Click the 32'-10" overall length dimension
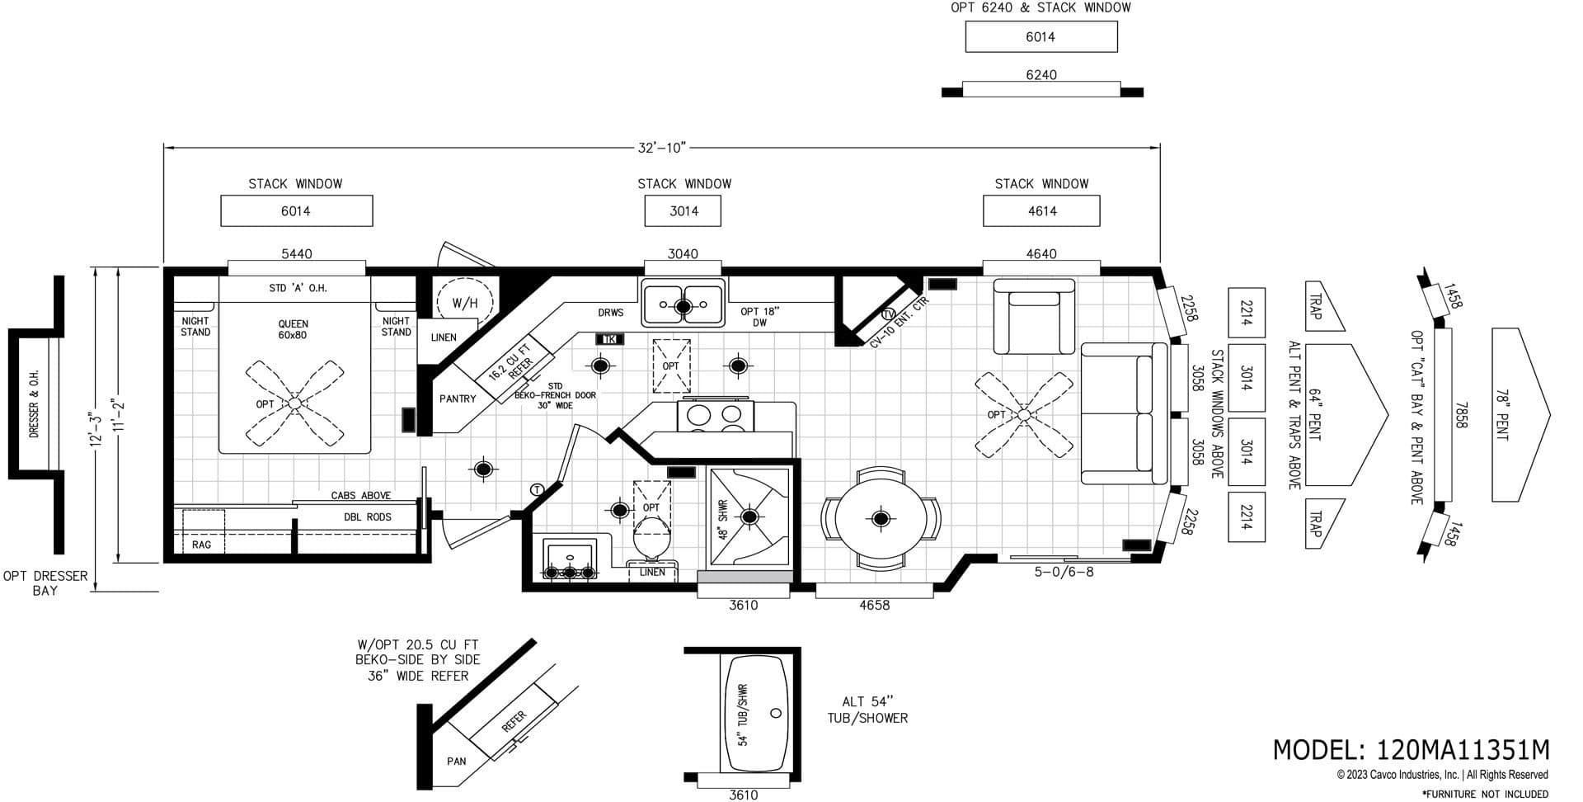[661, 148]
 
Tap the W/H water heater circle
[465, 303]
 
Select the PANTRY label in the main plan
[458, 399]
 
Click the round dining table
[880, 518]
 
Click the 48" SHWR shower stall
[749, 517]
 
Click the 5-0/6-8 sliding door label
[1064, 571]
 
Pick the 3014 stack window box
[683, 211]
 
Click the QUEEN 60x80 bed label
[293, 329]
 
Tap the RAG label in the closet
[201, 545]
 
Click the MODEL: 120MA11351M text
[1411, 749]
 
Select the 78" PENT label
[1502, 414]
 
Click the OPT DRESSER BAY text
[45, 583]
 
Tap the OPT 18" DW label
[759, 317]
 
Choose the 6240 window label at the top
[1040, 75]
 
